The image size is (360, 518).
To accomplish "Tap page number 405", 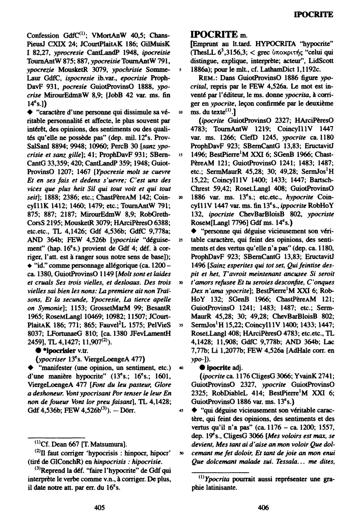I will [99, 507].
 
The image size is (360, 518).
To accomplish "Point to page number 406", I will [263, 507].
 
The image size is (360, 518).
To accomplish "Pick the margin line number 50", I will [181, 453].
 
